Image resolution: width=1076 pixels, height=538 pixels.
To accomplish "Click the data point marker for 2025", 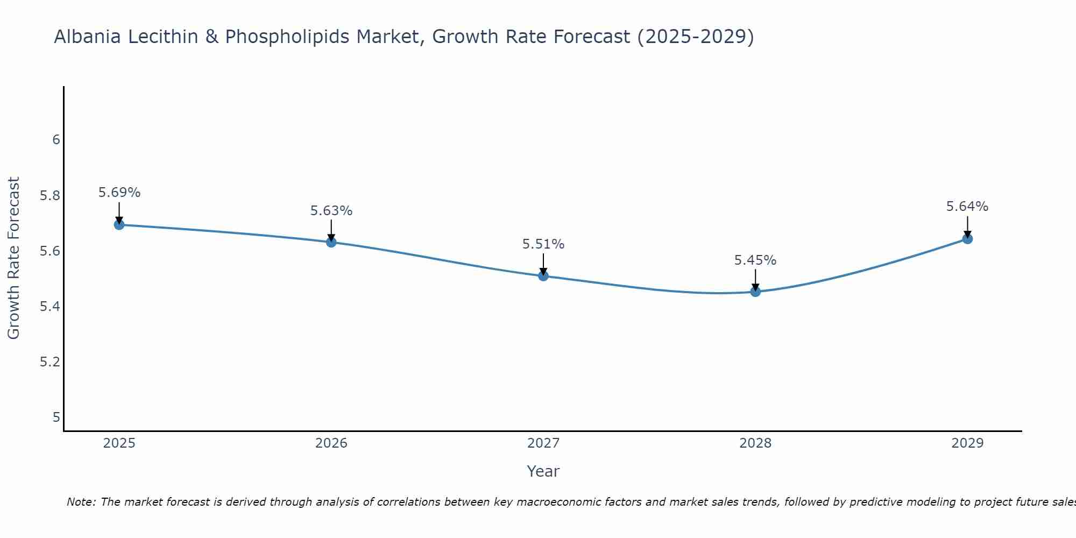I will (x=119, y=224).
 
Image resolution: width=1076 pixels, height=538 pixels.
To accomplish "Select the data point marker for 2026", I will (x=331, y=242).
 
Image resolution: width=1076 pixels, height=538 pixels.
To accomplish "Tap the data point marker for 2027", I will (x=543, y=276).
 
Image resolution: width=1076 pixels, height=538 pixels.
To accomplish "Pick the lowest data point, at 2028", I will (x=755, y=292).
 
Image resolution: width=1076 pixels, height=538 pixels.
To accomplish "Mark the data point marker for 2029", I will (x=967, y=239).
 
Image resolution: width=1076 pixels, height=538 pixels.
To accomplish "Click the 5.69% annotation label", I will (x=119, y=193).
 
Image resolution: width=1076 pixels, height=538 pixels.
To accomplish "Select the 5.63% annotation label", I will (x=331, y=211).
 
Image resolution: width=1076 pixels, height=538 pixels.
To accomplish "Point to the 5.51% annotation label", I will (x=543, y=244).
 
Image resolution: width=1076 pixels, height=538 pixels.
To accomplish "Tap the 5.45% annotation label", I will (x=755, y=260).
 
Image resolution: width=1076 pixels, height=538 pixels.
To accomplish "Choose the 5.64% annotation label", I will (x=967, y=207).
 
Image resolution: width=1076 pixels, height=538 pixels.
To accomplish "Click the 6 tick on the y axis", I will (x=56, y=140).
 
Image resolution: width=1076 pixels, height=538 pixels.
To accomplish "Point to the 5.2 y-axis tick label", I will (x=50, y=362).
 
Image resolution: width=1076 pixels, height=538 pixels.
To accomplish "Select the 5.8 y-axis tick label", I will (x=50, y=195).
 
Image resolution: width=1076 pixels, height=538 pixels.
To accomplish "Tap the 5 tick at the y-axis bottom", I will (x=56, y=417).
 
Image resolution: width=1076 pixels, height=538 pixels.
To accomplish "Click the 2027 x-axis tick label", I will (x=543, y=443).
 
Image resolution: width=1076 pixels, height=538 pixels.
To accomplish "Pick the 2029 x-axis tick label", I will (x=967, y=443).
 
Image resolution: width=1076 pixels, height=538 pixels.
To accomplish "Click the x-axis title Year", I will (x=543, y=471).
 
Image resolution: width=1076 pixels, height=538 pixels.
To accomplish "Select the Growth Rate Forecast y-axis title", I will (x=14, y=258).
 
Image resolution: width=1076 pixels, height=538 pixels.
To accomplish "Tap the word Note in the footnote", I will (x=80, y=502).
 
